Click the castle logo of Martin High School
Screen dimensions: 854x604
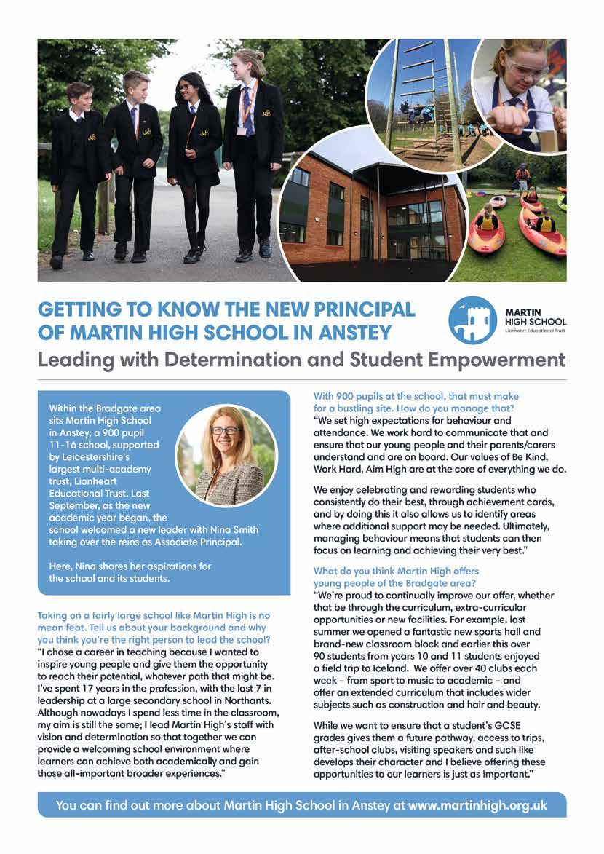click(473, 320)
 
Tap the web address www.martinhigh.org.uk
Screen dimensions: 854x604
click(477, 806)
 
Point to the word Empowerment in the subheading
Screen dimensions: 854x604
click(502, 360)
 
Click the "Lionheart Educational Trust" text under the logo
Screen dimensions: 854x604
click(535, 331)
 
